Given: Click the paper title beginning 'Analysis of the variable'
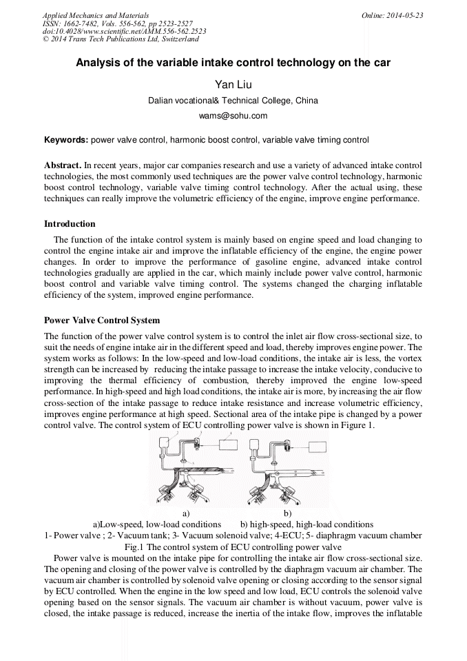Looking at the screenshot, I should coord(233,63).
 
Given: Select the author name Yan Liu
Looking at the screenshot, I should coord(233,85).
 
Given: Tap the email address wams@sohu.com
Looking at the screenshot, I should coord(233,116).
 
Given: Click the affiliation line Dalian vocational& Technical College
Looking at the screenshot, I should coord(233,101).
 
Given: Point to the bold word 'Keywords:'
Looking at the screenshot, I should coord(66,140).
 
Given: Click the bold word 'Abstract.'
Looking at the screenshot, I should coord(63,166).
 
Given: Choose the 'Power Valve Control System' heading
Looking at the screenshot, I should coord(101,321).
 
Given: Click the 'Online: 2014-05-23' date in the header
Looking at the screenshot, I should coord(392,15).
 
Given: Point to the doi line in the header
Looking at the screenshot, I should coord(124,32).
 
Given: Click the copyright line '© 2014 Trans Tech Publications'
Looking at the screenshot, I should coord(121,40).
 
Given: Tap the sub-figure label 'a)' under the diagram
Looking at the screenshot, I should coord(186,513).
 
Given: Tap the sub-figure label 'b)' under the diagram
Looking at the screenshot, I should coord(288,513).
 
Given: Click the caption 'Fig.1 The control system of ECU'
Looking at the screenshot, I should coord(233,547).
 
